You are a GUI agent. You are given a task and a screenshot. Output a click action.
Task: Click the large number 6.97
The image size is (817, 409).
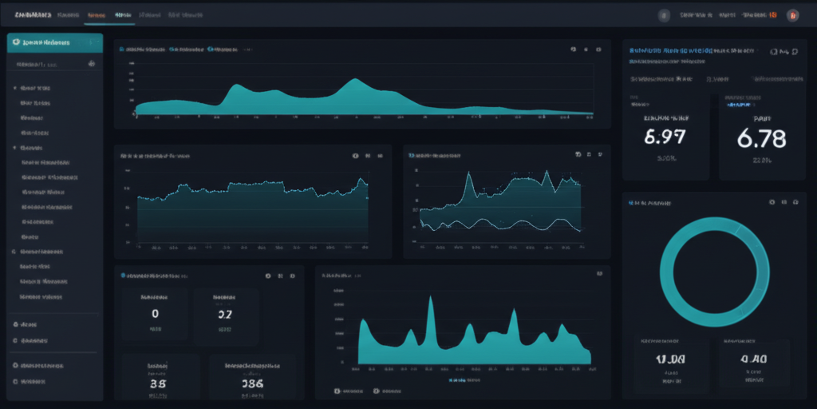664,137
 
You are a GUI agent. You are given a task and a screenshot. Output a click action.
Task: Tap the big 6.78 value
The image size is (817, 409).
761,138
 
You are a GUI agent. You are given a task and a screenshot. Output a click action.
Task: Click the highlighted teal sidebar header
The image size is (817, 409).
54,42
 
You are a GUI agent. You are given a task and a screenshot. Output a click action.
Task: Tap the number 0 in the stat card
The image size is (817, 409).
155,314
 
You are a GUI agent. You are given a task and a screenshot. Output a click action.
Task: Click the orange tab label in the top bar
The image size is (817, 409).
97,14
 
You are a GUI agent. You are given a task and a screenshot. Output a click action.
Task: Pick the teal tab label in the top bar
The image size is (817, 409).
123,14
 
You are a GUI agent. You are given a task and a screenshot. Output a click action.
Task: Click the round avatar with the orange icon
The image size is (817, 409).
792,14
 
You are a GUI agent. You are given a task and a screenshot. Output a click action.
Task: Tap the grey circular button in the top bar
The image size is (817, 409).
664,14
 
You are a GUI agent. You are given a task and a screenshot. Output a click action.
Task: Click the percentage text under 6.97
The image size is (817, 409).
665,158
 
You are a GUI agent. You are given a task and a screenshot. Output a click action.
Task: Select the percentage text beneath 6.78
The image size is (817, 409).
760,160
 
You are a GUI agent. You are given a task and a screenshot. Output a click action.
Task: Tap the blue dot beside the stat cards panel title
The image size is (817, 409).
123,275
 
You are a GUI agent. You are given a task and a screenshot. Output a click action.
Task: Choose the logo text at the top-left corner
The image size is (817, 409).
33,14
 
